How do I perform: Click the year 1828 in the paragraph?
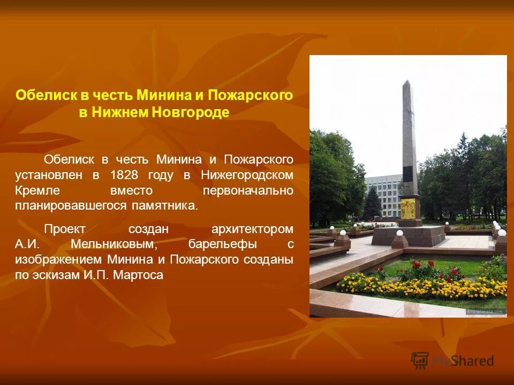click(x=124, y=175)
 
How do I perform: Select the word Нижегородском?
click(x=247, y=175)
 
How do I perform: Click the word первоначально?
click(x=248, y=190)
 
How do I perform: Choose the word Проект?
click(x=64, y=229)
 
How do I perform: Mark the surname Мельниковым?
click(x=114, y=244)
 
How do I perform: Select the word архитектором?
click(x=252, y=229)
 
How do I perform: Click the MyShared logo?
click(x=452, y=360)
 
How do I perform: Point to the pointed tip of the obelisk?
click(x=407, y=82)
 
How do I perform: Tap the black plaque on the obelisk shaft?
click(x=408, y=174)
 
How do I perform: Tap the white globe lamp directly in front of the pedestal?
click(x=399, y=233)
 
